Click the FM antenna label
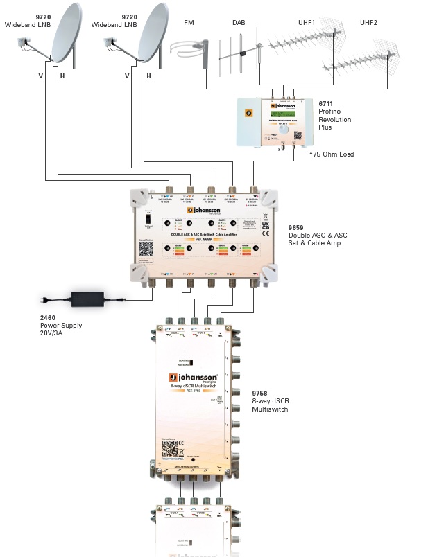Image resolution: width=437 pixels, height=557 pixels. click(189, 23)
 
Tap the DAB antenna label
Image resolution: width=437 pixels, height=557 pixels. click(239, 23)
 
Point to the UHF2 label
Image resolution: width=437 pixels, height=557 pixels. click(368, 23)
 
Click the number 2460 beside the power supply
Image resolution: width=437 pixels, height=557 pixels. click(49, 317)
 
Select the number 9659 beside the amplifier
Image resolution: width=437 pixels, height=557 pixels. click(297, 227)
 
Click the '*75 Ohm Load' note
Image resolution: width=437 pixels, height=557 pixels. click(332, 154)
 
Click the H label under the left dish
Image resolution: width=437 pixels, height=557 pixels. click(62, 75)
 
